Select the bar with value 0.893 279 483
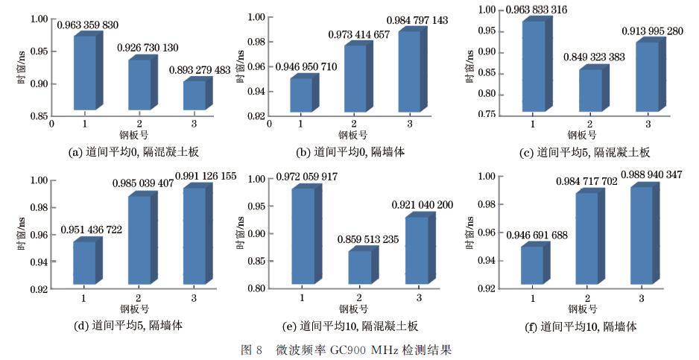click(x=194, y=95)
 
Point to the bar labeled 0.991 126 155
click(x=194, y=236)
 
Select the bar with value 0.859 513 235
click(x=358, y=267)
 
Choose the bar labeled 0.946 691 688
click(x=531, y=265)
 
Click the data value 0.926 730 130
click(x=146, y=48)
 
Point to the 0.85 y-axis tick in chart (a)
click(x=39, y=117)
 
